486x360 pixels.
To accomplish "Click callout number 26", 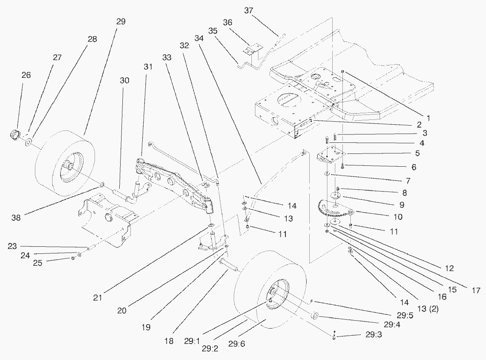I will pyautogui.click(x=26, y=75).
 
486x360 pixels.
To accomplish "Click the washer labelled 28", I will pyautogui.click(x=28, y=142).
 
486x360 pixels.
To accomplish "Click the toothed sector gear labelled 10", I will pyautogui.click(x=331, y=210).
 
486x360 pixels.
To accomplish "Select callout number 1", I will pyautogui.click(x=427, y=119).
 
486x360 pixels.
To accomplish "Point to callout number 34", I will pyautogui.click(x=199, y=38).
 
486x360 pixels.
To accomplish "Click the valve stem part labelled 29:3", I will pyautogui.click(x=334, y=336).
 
